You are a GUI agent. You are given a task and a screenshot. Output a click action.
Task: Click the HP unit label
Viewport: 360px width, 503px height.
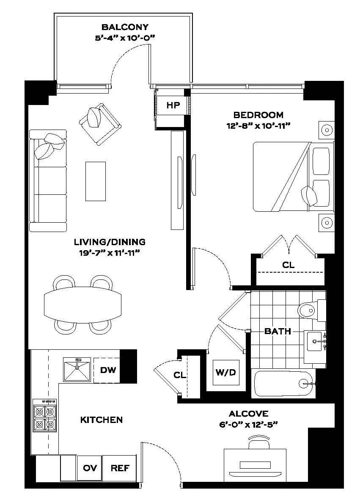point(173,106)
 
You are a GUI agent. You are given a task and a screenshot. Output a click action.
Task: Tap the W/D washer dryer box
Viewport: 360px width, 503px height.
point(225,373)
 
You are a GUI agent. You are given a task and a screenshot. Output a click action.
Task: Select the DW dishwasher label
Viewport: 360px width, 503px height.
point(108,370)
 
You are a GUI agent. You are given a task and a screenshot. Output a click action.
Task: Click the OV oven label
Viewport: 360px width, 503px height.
point(90,468)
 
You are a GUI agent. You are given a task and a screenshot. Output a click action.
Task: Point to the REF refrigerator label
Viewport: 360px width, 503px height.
point(120,468)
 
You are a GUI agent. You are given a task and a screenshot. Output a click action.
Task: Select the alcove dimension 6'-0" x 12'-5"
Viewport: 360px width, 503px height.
point(248,425)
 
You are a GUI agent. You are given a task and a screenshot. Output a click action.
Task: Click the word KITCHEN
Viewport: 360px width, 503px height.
point(102,420)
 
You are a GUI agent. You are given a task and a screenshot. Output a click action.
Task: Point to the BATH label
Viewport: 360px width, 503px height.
point(278,331)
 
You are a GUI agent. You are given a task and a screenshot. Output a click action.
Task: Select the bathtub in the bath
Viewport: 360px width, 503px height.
point(283,384)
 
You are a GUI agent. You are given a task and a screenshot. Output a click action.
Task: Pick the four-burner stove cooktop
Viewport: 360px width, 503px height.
point(45,417)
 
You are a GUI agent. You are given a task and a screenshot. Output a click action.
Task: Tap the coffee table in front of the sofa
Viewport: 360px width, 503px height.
point(95,181)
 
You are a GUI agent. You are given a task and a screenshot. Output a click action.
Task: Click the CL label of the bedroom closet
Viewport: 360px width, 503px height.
point(288,265)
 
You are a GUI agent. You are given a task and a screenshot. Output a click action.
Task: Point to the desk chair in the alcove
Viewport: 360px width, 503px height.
point(258,444)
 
